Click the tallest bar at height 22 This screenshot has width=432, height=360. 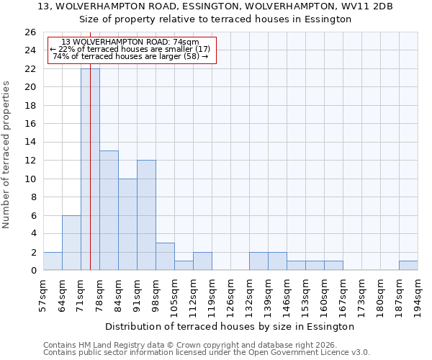[x=90, y=169]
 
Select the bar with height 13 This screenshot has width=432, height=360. [x=109, y=210]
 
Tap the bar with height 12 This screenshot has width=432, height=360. [x=146, y=215]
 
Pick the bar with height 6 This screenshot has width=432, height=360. [x=71, y=243]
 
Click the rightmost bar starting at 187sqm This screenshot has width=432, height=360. [x=408, y=266]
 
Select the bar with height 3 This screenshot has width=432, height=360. [x=165, y=256]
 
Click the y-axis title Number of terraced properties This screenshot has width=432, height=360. [x=6, y=154]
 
